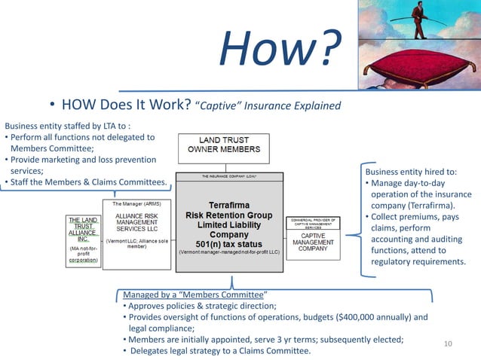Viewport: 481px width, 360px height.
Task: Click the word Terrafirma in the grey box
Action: (229, 203)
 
